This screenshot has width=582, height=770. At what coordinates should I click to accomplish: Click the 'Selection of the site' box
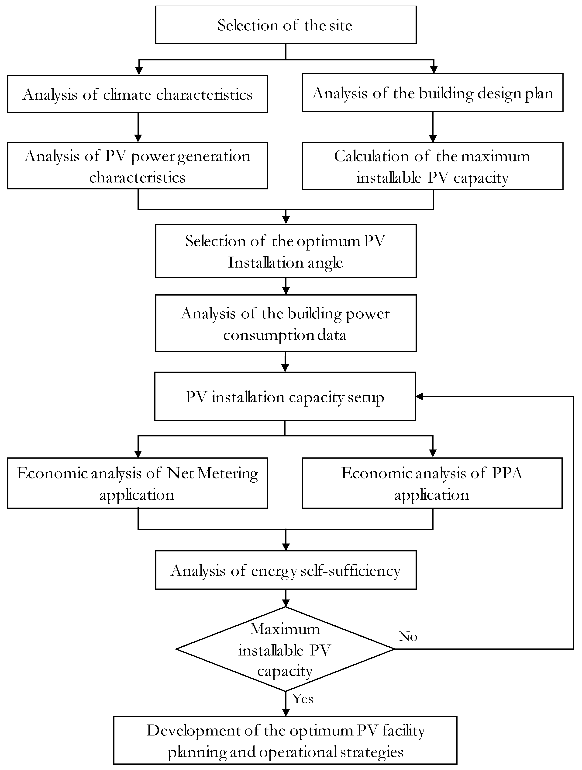coord(285,25)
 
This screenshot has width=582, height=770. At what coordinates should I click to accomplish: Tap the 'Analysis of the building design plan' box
coord(432,93)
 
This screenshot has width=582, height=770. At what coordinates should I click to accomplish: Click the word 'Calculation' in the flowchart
coord(371,156)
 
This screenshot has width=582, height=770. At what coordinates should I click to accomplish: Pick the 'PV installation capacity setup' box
coord(285,397)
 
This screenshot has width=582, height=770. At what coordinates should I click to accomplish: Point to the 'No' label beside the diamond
coord(408,636)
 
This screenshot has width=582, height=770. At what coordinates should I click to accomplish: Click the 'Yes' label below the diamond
coord(303,699)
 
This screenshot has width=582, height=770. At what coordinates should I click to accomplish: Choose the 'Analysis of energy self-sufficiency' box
coord(285,571)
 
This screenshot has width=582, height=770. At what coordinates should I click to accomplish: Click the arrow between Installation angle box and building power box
coord(286,286)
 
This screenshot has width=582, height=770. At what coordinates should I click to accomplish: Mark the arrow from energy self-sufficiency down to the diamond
coord(286,598)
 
